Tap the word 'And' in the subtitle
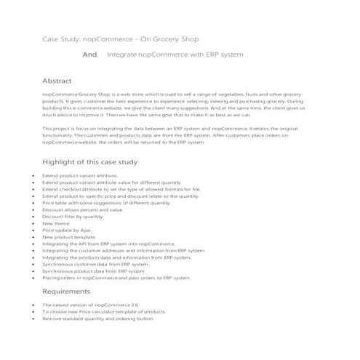[x=90, y=55]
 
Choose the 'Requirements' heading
[x=70, y=291]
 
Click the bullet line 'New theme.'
[x=57, y=223]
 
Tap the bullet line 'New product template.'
[x=69, y=237]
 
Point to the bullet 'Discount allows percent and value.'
[x=82, y=209]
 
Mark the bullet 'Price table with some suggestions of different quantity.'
[x=110, y=203]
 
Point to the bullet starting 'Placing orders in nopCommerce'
[x=116, y=278]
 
